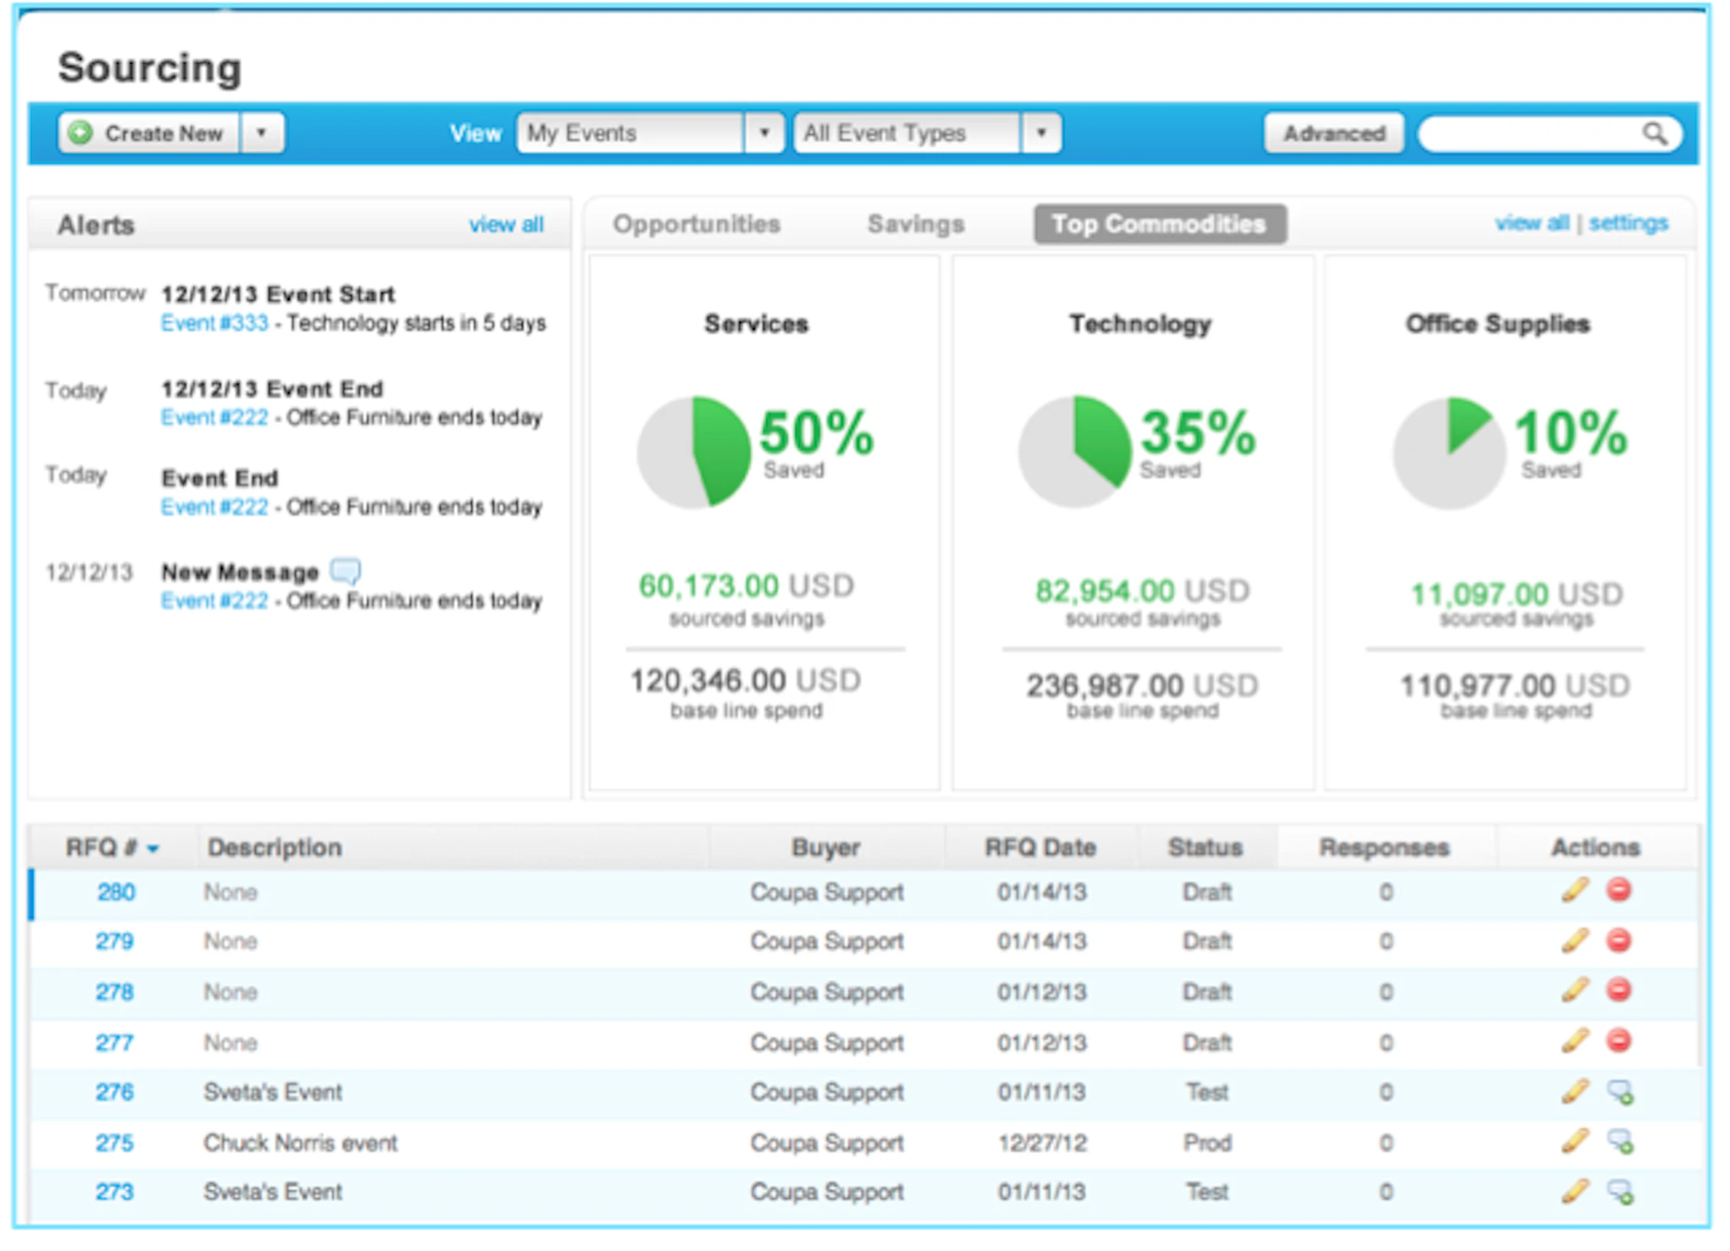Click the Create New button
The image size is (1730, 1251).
149,133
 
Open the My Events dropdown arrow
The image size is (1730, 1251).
763,133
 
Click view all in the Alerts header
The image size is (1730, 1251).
506,224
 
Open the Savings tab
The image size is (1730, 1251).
915,224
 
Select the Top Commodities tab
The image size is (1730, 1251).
1158,224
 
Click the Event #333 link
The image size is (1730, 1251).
215,323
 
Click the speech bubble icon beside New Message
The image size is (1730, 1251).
345,571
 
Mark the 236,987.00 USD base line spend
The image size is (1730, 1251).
1142,685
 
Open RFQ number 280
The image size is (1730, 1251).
116,892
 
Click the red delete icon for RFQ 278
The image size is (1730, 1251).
1618,991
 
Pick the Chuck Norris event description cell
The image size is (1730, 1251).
300,1142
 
